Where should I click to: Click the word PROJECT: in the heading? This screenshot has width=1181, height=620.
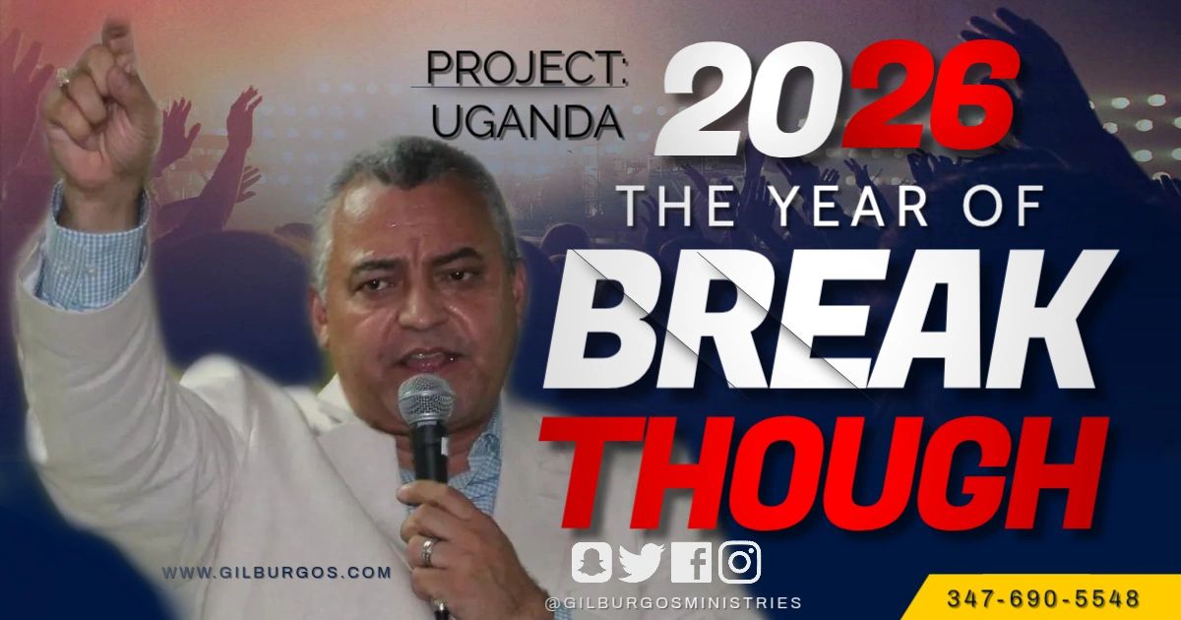coord(526,71)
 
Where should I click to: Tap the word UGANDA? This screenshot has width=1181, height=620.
coord(528,120)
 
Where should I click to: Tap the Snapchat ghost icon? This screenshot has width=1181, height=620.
coord(592,563)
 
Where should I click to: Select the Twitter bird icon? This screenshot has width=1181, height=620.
coord(641,563)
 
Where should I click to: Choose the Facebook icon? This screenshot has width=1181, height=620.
coord(691,563)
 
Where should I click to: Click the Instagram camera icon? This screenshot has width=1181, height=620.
coord(740,563)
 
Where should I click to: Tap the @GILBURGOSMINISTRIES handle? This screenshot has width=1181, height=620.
coord(673,602)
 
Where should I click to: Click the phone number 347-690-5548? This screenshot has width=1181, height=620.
coord(1043,598)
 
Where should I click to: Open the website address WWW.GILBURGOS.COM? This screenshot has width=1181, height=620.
coord(277,572)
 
